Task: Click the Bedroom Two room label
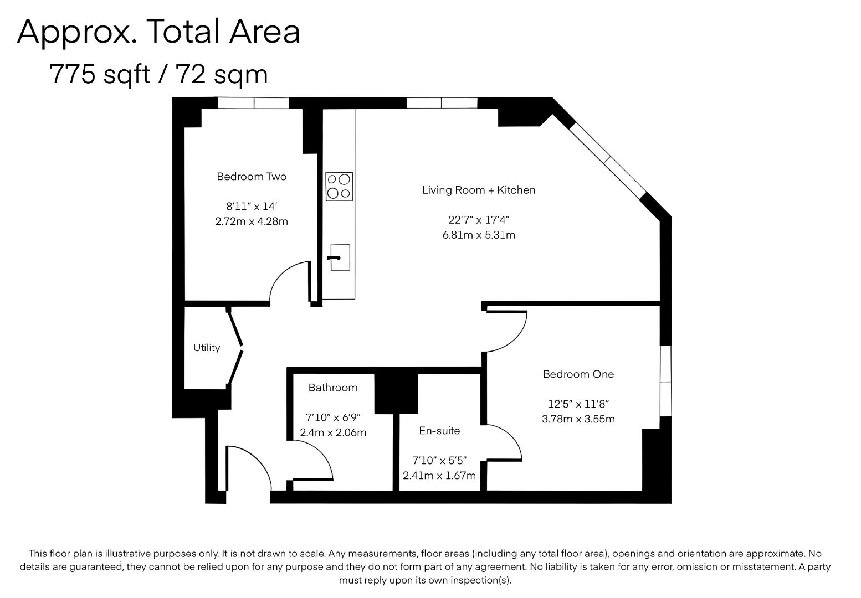[252, 177]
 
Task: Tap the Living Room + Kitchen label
[479, 190]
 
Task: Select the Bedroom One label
[578, 374]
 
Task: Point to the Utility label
[207, 348]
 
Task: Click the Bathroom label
[333, 388]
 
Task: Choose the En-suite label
[439, 431]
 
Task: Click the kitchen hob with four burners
[339, 186]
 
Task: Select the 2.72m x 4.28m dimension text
[252, 221]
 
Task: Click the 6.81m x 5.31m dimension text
[479, 235]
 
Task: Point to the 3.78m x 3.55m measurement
[578, 419]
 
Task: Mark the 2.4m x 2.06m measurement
[333, 433]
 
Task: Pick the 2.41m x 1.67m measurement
[439, 476]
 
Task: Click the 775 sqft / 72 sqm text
[158, 74]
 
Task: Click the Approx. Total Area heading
[158, 32]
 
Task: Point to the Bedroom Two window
[253, 103]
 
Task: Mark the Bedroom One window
[666, 381]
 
